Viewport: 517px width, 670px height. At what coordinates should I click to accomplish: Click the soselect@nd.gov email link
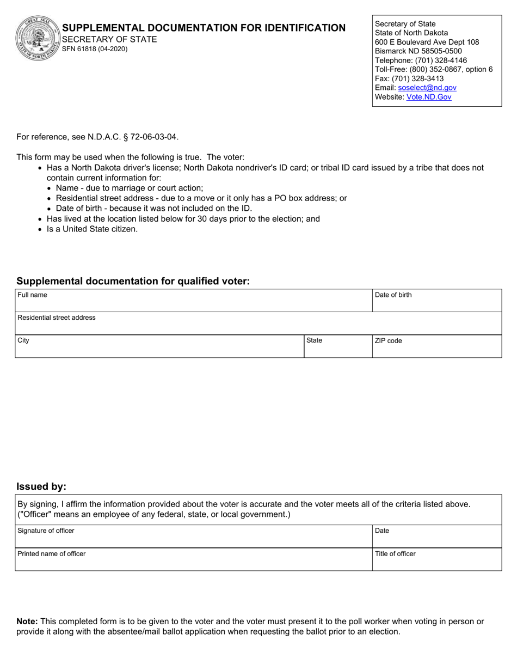[427, 88]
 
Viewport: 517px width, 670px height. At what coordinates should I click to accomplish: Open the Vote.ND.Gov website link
[428, 97]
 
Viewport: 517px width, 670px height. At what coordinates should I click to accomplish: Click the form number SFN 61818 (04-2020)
[95, 49]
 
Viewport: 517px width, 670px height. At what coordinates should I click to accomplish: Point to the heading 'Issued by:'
[41, 486]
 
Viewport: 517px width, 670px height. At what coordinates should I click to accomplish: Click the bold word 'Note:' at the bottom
[27, 621]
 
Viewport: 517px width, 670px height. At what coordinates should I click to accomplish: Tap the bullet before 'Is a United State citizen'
[40, 229]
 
